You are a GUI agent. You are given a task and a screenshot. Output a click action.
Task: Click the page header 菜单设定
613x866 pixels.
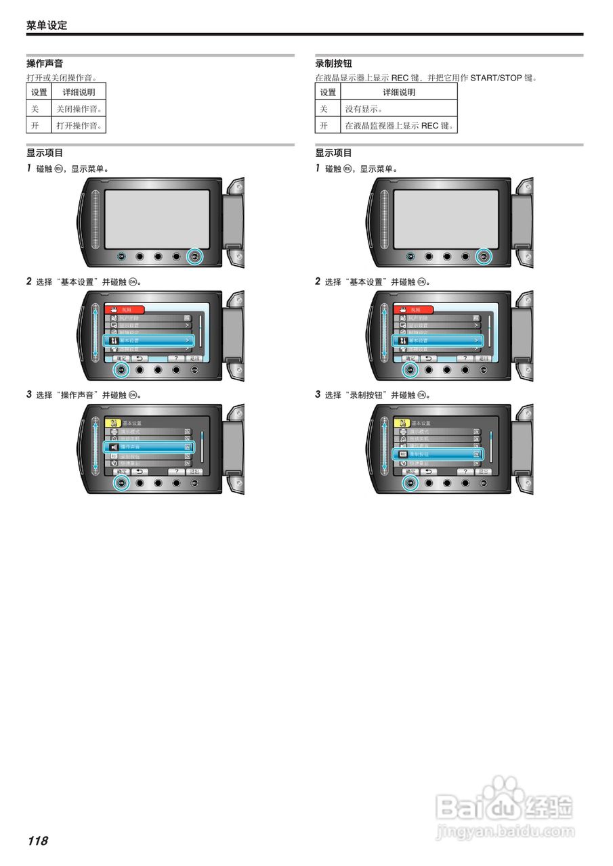47,26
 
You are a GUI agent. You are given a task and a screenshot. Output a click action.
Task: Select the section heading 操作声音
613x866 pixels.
45,64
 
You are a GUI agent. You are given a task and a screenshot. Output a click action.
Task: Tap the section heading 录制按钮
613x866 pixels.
333,64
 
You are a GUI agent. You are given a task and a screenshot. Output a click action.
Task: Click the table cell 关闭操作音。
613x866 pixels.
79,109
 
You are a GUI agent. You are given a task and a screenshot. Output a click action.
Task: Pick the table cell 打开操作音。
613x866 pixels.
79,126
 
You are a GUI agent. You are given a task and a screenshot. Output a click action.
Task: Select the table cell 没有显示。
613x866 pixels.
364,109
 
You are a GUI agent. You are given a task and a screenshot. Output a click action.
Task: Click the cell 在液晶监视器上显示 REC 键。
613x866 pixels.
398,126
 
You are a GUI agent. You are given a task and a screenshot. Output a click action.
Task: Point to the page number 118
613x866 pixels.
38,841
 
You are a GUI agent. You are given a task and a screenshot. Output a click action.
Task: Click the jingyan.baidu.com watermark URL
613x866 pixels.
505,831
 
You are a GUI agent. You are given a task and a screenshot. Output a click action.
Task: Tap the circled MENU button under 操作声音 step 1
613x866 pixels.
194,256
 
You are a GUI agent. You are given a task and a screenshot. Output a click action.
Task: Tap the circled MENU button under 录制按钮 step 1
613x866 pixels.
483,256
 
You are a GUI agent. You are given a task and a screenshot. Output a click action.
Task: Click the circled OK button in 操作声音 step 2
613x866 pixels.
122,369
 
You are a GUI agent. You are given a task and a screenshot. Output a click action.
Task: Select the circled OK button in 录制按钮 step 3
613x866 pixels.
410,483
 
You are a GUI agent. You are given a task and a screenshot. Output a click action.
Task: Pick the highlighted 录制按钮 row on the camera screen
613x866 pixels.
438,455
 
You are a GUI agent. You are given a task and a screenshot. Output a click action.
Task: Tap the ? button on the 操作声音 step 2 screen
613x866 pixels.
176,358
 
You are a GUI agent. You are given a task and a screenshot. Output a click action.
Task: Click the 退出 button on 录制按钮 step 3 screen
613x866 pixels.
483,471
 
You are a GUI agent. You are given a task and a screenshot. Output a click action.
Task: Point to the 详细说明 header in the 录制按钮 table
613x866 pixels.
399,92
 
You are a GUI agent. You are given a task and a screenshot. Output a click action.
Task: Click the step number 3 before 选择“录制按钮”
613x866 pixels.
318,394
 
